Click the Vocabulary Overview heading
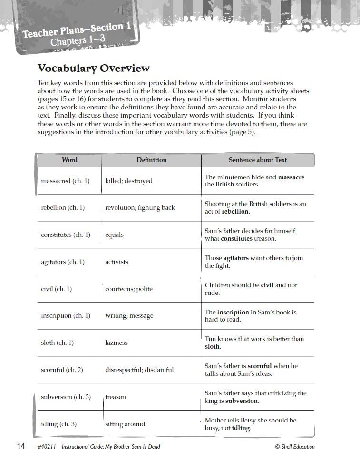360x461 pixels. click(x=93, y=69)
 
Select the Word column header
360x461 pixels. click(x=69, y=160)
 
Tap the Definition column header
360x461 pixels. click(x=152, y=160)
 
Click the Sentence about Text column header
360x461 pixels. click(x=258, y=160)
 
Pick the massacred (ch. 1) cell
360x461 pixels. click(x=65, y=181)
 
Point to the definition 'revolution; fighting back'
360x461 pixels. click(x=140, y=208)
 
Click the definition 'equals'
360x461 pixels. click(x=114, y=235)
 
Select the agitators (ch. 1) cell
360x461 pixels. click(x=63, y=262)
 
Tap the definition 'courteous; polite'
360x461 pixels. click(x=129, y=289)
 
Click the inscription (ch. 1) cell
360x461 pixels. click(x=66, y=316)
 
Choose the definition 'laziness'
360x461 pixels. click(x=117, y=343)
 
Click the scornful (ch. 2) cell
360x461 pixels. click(x=62, y=370)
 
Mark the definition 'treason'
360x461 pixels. click(x=116, y=397)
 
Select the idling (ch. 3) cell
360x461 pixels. click(x=58, y=424)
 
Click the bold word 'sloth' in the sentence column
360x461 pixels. click(x=212, y=347)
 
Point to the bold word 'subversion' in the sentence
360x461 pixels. click(x=242, y=401)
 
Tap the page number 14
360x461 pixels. click(x=20, y=446)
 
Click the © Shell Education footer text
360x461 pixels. click(x=294, y=447)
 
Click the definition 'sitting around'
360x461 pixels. click(x=125, y=424)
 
